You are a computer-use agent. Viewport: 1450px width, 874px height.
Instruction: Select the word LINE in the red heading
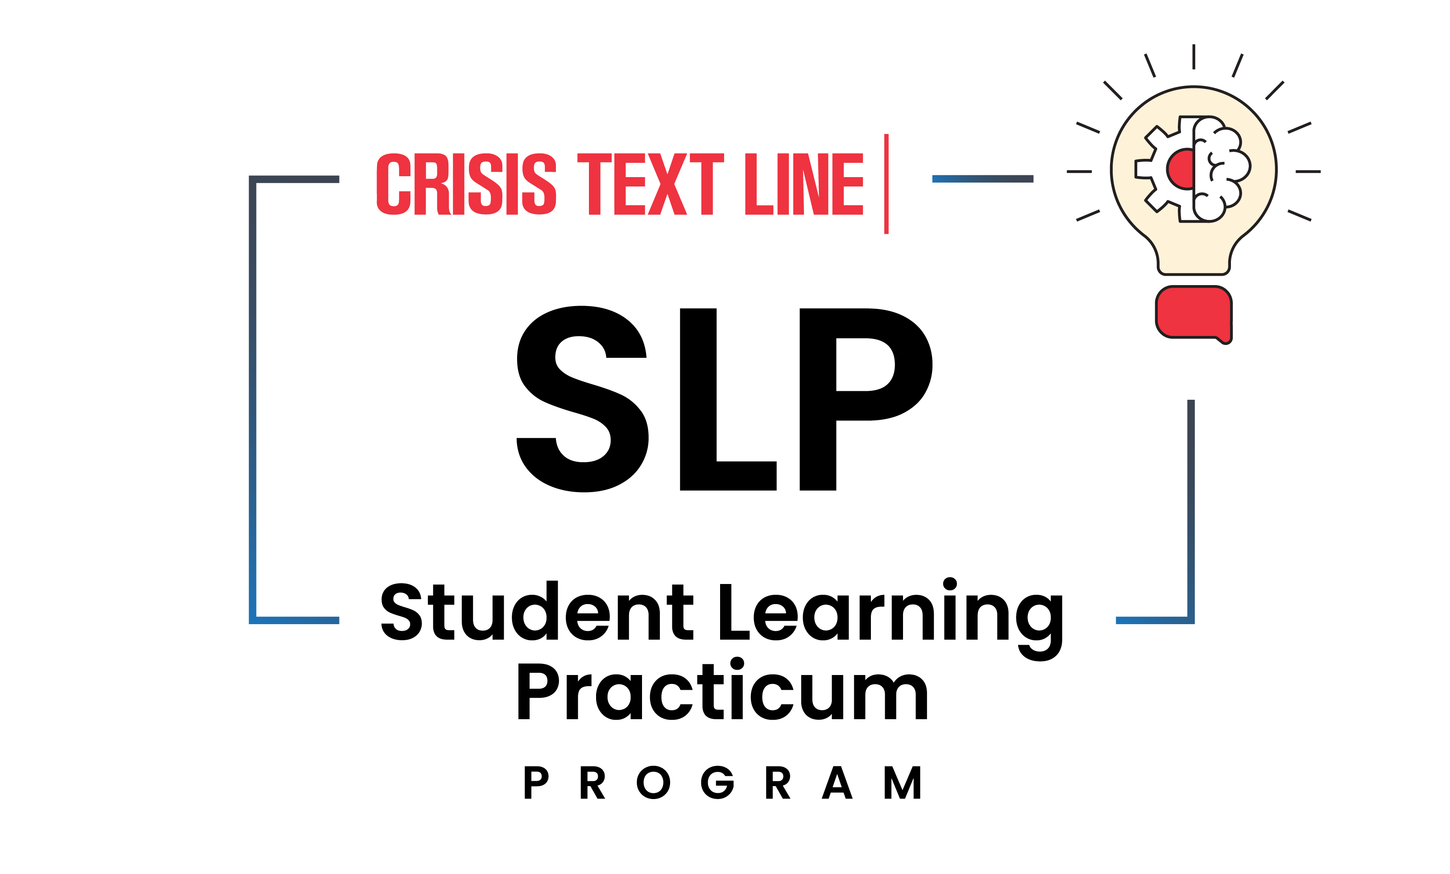tap(804, 184)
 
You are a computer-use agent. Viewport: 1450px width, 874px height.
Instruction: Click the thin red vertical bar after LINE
tap(886, 184)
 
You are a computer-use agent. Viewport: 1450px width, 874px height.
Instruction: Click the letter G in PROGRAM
tap(718, 783)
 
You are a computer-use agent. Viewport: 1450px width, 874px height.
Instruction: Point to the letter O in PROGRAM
tap(653, 783)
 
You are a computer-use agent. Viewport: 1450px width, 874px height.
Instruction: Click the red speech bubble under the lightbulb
tap(1193, 312)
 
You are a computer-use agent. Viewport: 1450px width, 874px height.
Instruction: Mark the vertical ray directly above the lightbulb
tap(1193, 57)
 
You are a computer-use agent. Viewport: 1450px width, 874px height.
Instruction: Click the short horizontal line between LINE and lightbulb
tap(983, 179)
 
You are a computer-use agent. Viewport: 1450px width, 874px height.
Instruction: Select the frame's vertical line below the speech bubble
tap(1191, 506)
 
